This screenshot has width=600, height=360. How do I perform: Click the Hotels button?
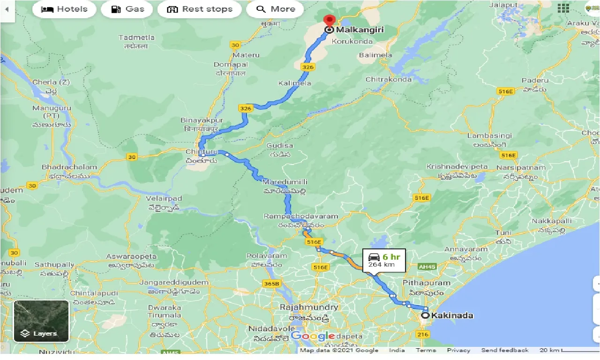(64, 9)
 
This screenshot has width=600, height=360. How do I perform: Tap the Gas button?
(128, 9)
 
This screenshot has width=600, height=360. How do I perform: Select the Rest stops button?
(199, 9)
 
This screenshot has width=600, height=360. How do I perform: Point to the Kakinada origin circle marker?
(425, 315)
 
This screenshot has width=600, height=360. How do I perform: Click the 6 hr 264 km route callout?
(384, 261)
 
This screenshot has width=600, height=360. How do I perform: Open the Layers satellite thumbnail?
(41, 321)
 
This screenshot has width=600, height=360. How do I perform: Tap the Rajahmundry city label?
(308, 307)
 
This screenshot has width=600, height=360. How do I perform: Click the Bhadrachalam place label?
(69, 167)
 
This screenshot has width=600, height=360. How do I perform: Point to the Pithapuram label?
(426, 283)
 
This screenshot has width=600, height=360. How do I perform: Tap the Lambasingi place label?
(489, 135)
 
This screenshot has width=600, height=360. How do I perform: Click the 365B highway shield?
(271, 283)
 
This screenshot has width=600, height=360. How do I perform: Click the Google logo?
(313, 336)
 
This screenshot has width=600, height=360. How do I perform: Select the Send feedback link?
(504, 350)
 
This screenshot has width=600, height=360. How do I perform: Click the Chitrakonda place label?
(389, 79)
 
